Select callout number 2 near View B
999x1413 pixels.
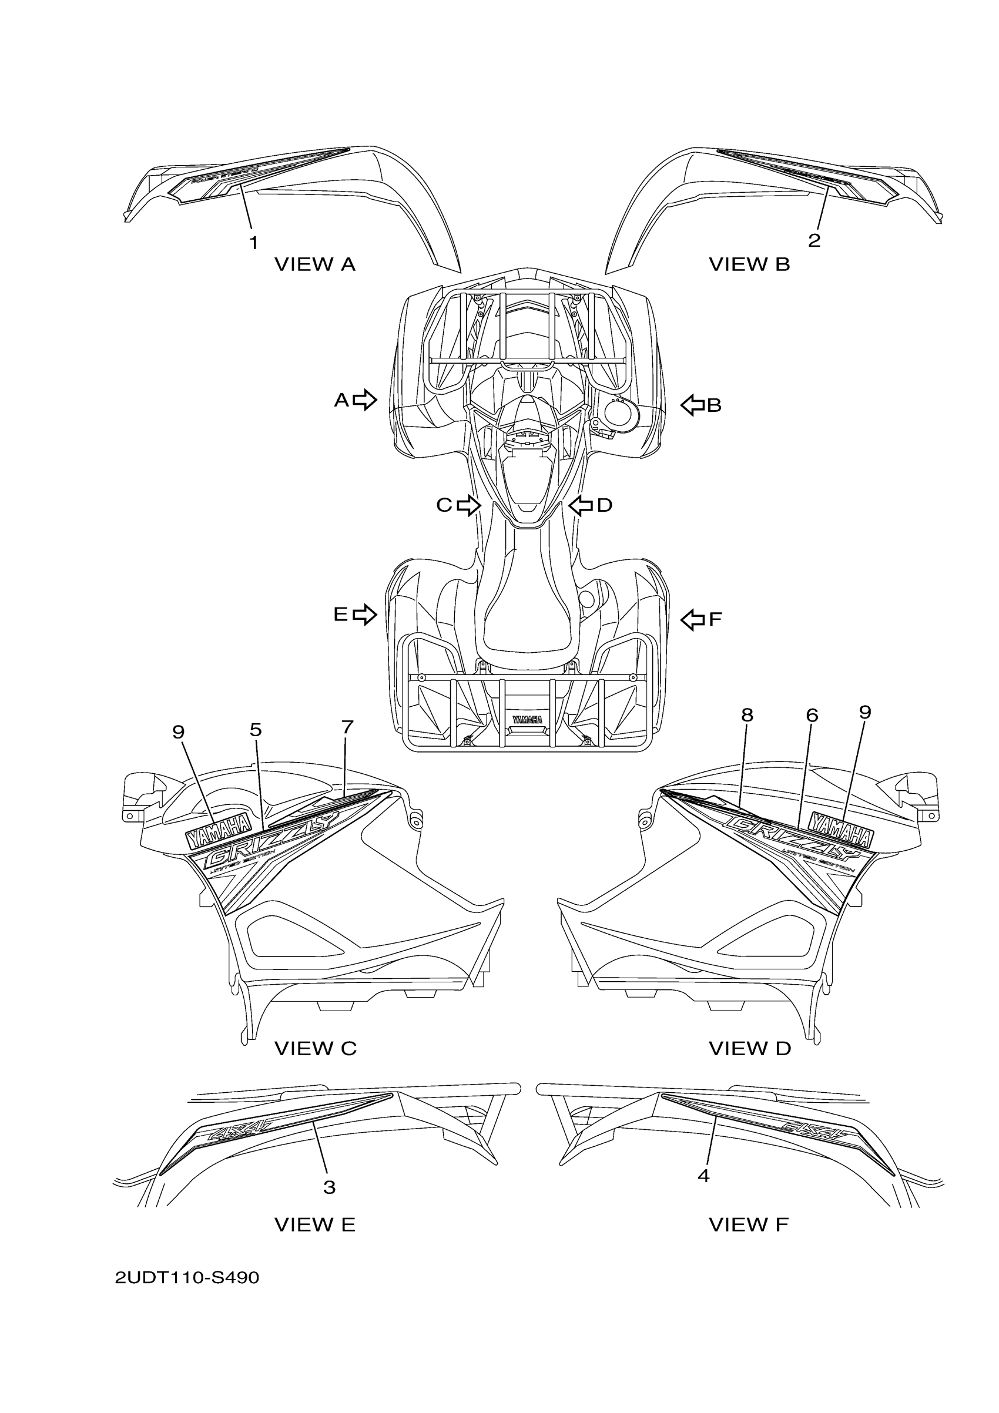(x=814, y=240)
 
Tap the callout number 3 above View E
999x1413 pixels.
(x=329, y=1187)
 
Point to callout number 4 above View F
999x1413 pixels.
(x=703, y=1176)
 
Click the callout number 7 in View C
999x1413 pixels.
(x=347, y=727)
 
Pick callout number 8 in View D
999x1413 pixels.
(x=747, y=714)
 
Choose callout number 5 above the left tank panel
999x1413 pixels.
(x=256, y=729)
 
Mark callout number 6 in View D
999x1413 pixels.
(x=812, y=715)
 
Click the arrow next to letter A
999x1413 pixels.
(x=365, y=400)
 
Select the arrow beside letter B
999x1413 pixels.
(x=692, y=405)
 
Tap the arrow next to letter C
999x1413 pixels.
(x=468, y=505)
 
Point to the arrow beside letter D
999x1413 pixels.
(x=581, y=505)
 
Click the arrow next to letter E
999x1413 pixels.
(x=364, y=613)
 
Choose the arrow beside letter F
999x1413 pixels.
(x=692, y=619)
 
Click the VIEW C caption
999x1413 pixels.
(x=315, y=1049)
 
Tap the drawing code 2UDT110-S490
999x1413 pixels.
(x=187, y=1278)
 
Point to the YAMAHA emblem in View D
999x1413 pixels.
(x=842, y=831)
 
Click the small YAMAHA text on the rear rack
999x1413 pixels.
(x=527, y=720)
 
